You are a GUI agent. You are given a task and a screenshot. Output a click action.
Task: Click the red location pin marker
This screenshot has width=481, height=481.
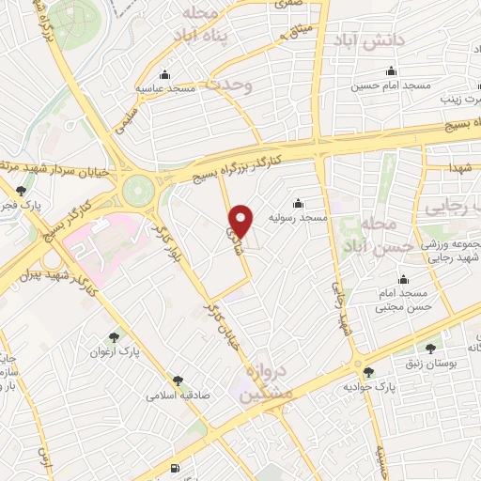coord(242,221)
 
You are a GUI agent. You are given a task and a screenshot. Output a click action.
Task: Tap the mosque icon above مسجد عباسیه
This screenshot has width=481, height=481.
coord(166,74)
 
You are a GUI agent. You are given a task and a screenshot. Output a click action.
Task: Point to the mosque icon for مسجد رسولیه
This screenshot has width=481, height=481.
coord(299,203)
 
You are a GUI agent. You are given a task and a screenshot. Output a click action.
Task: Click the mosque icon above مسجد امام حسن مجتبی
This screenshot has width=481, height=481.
coord(404,279)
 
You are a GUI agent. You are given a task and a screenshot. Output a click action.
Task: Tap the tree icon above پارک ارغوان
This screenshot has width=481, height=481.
coord(115,336)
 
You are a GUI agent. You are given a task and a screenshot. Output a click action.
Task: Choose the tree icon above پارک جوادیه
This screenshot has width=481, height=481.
coord(368,372)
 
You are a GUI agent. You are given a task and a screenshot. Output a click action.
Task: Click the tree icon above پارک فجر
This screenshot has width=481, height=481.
coord(22,191)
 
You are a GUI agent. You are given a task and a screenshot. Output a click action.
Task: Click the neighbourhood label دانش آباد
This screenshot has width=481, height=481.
coord(367,40)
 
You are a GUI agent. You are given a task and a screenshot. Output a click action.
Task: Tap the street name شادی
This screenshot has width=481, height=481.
coord(232,225)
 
